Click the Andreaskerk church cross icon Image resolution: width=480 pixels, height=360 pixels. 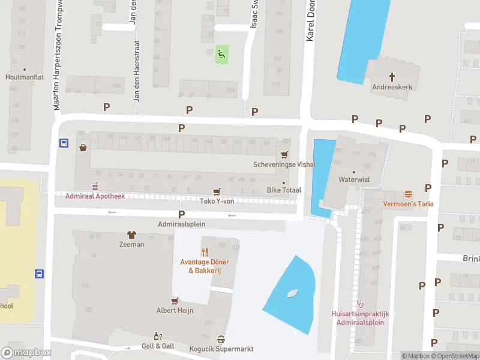pos(393,76)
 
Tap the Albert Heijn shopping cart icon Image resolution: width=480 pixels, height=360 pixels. pos(175,301)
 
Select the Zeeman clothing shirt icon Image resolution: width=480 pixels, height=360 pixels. pos(131,235)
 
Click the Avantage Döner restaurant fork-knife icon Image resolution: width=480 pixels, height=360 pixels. pos(204,252)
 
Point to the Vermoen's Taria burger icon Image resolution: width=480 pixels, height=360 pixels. pos(409,194)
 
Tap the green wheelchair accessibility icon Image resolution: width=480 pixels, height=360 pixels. pos(222,55)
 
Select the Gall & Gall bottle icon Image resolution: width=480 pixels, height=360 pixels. pos(158,337)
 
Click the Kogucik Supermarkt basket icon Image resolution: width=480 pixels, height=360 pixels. pos(221,339)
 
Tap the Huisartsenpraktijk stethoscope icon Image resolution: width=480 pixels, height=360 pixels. pos(360,304)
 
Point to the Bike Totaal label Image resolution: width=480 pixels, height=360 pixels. pos(284,190)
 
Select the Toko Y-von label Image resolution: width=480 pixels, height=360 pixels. pos(216,201)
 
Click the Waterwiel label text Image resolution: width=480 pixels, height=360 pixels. pos(353,179)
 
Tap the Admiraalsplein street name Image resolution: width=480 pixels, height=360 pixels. pos(181,224)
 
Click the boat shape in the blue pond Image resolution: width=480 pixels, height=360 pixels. pos(292,293)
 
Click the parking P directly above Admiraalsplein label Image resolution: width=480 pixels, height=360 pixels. pos(181,214)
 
